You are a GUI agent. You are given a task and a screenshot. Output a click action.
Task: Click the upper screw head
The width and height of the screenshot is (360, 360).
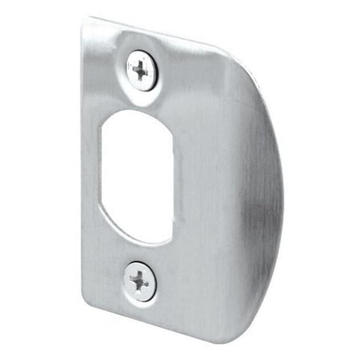pyautogui.click(x=142, y=70)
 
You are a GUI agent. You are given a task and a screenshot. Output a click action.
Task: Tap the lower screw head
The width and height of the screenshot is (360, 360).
pyautogui.click(x=140, y=281)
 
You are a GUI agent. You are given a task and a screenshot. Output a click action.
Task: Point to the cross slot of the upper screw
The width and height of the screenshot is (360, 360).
pyautogui.click(x=142, y=70)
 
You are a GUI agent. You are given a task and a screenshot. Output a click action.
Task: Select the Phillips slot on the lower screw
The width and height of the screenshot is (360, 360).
pyautogui.click(x=140, y=281)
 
